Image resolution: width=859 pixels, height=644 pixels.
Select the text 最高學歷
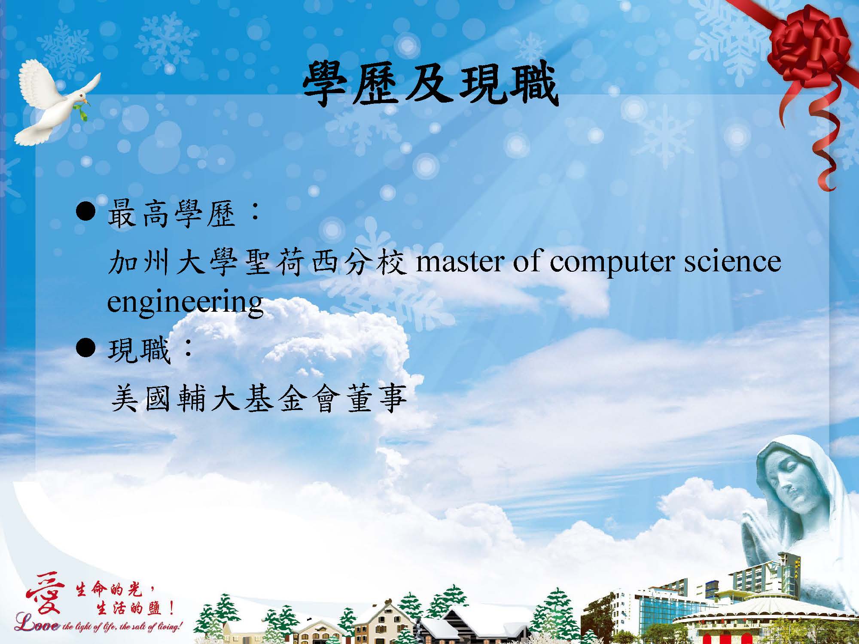pyautogui.click(x=172, y=214)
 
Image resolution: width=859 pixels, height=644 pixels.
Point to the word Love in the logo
pyautogui.click(x=36, y=625)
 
